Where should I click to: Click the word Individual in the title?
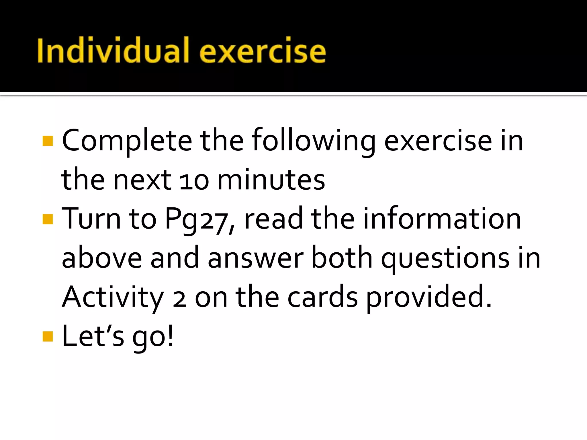point(113,50)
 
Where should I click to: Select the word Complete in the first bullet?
point(127,140)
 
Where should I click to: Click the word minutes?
point(271,180)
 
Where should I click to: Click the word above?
point(102,258)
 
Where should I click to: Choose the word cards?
point(322,297)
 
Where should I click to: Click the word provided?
point(428,298)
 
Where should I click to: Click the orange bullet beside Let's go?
point(48,337)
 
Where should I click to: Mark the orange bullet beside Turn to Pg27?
point(48,219)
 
